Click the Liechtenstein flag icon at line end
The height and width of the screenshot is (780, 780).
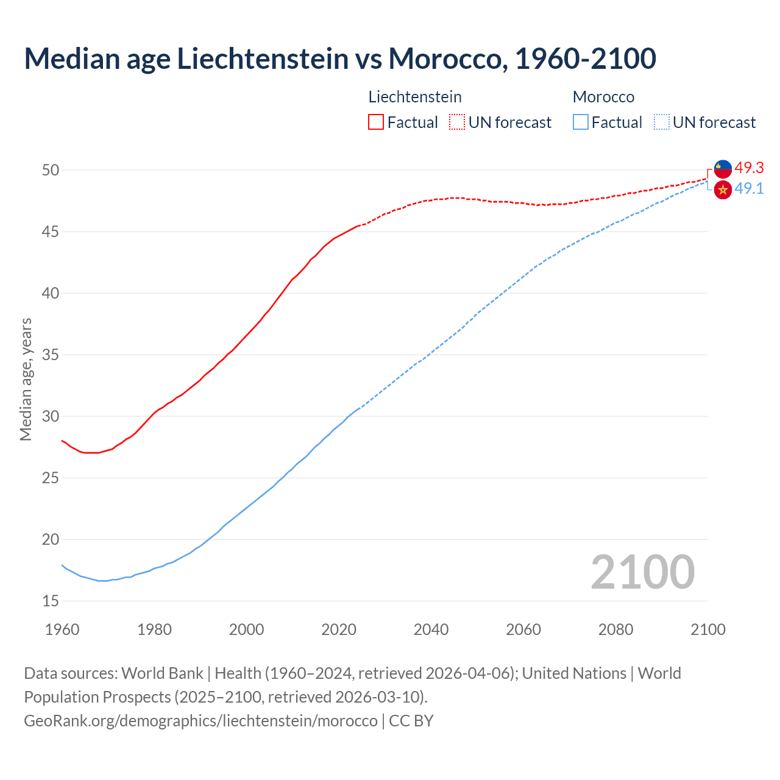pos(723,169)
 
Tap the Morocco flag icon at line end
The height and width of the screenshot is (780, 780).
pos(723,190)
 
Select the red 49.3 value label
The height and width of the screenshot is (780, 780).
pos(749,168)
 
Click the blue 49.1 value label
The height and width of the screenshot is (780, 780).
pos(749,188)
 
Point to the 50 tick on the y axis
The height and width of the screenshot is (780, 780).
pos(51,170)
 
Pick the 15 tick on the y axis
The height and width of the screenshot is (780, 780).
pos(51,601)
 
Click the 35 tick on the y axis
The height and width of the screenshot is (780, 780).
pos(51,355)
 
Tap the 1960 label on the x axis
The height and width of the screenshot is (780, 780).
pos(62,629)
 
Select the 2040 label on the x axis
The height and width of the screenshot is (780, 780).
pos(431,629)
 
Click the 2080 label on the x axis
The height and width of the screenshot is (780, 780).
pos(615,629)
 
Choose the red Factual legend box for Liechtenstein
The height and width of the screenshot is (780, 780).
pos(376,122)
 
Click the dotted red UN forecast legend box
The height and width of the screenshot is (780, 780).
pos(457,122)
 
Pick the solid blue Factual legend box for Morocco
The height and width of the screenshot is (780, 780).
pos(581,122)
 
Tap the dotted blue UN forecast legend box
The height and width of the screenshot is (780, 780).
pos(662,122)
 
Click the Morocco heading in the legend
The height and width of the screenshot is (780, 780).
pos(603,97)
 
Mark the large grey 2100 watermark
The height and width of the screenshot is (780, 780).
pos(642,572)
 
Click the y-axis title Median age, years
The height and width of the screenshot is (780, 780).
pos(26,379)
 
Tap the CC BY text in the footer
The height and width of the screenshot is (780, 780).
pos(411,720)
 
